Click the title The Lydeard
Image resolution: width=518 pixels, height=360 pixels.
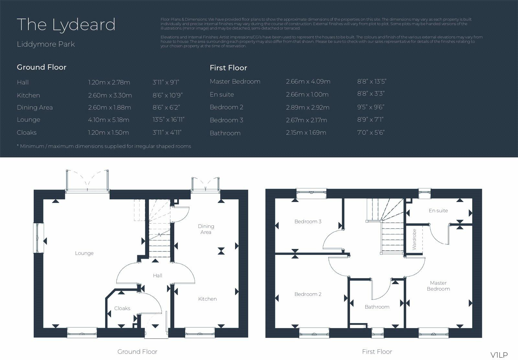[66, 25]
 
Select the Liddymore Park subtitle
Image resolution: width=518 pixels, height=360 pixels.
[46, 44]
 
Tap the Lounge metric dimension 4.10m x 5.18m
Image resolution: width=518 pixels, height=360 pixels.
[108, 120]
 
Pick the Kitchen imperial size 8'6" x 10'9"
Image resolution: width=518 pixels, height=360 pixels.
[168, 95]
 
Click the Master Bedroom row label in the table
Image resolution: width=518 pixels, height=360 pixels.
[235, 82]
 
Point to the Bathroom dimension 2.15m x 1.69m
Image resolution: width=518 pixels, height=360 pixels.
[306, 132]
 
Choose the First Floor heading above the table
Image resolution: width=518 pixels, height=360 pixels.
[228, 68]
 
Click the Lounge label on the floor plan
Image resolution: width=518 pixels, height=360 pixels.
[84, 253]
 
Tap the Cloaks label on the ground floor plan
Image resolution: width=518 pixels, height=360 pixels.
[122, 308]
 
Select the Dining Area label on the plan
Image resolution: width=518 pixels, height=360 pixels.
[206, 229]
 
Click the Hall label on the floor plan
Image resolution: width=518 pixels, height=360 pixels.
[157, 276]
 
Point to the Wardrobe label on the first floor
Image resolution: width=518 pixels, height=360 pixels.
[414, 239]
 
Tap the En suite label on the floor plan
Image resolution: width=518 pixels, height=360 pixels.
[438, 210]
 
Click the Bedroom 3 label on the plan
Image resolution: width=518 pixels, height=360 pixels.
[308, 221]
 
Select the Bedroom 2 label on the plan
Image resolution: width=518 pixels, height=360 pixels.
[308, 294]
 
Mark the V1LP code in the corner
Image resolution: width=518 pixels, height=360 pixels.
[499, 355]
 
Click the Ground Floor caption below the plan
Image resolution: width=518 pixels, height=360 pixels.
[137, 352]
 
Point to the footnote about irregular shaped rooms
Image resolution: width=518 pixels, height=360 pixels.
[104, 146]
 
